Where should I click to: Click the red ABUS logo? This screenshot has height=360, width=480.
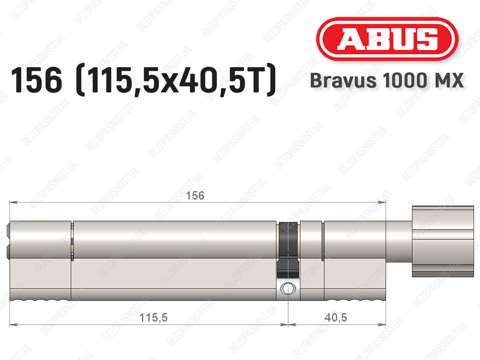point(387,39)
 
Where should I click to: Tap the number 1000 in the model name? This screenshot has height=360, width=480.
point(405,80)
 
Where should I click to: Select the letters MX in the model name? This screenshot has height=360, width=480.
point(448,80)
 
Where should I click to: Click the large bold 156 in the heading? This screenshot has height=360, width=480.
point(36,80)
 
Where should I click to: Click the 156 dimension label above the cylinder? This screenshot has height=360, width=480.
point(195,196)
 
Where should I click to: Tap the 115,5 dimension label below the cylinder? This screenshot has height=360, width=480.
point(153,317)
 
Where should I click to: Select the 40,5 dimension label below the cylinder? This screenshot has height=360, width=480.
point(336,317)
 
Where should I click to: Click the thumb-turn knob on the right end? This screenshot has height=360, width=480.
point(443,241)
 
